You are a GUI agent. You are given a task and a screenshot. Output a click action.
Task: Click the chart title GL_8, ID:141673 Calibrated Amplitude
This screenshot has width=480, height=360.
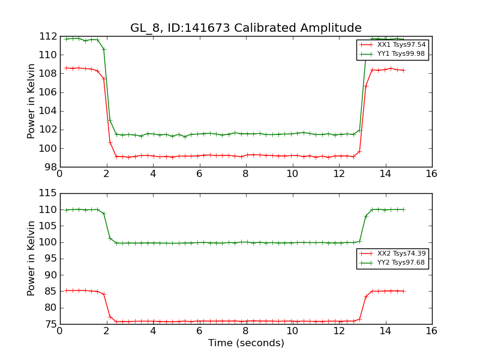[x=246, y=28]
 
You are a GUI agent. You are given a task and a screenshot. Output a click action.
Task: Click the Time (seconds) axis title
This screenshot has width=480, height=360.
[x=246, y=343]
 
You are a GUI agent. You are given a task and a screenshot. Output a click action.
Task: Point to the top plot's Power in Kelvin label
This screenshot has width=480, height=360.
[x=32, y=101]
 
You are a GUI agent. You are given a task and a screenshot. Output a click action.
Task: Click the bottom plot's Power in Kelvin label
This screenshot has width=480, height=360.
[x=32, y=259]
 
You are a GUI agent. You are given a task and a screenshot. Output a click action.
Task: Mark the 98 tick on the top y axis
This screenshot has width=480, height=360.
[x=50, y=167]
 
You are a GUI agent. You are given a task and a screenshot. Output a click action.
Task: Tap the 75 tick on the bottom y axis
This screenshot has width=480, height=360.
[x=50, y=325]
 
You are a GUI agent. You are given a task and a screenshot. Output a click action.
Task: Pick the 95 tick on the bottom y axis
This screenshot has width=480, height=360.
[x=50, y=259]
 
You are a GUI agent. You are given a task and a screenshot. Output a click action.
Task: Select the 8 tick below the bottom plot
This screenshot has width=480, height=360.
[x=246, y=331]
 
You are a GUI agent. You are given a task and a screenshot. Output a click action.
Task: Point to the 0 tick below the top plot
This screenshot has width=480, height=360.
[x=60, y=174]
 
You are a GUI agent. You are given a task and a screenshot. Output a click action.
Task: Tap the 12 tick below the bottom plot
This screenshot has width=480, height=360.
[x=339, y=331]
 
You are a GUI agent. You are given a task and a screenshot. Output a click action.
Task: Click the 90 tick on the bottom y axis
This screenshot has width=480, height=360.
[x=50, y=275]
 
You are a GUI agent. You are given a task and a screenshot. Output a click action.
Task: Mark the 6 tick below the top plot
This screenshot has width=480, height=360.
[x=199, y=174]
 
